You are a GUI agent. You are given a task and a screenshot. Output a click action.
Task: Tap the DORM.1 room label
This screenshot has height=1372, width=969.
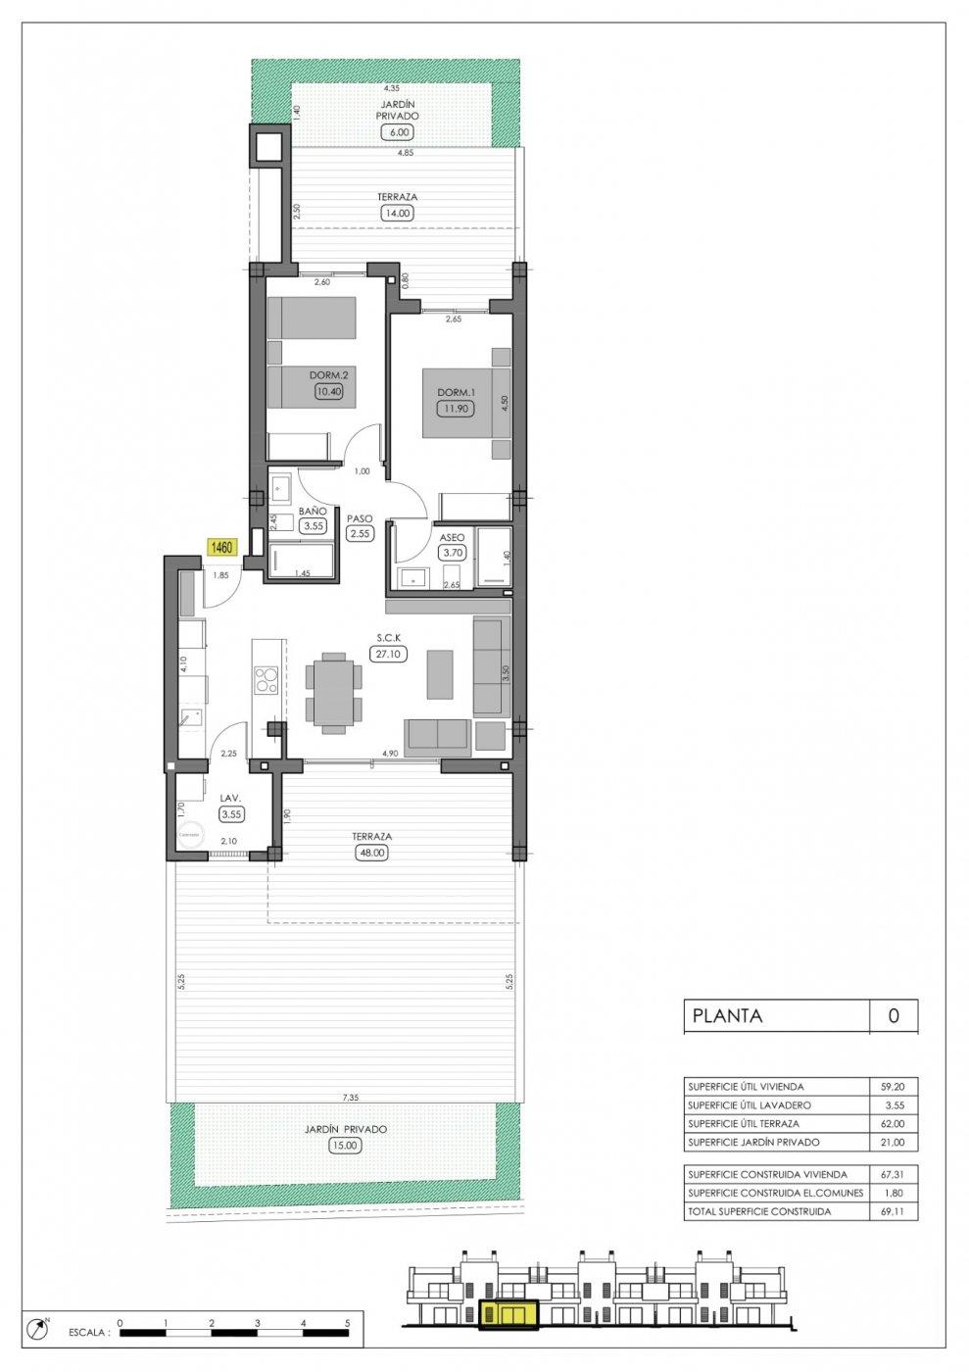pyautogui.click(x=456, y=393)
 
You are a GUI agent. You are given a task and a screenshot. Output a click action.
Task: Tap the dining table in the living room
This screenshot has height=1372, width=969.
pyautogui.click(x=334, y=695)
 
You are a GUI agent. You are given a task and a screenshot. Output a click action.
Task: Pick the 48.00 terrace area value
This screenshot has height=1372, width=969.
pyautogui.click(x=373, y=853)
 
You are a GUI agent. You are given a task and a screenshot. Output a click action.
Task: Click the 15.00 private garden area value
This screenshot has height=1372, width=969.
pyautogui.click(x=346, y=1145)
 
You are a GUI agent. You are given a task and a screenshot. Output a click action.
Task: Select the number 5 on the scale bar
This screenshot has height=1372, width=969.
pyautogui.click(x=348, y=1322)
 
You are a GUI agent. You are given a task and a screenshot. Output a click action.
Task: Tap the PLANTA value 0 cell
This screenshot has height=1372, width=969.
pyautogui.click(x=894, y=1016)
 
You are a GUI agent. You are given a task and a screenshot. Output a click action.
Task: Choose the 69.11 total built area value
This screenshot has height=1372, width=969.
pyautogui.click(x=894, y=1211)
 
